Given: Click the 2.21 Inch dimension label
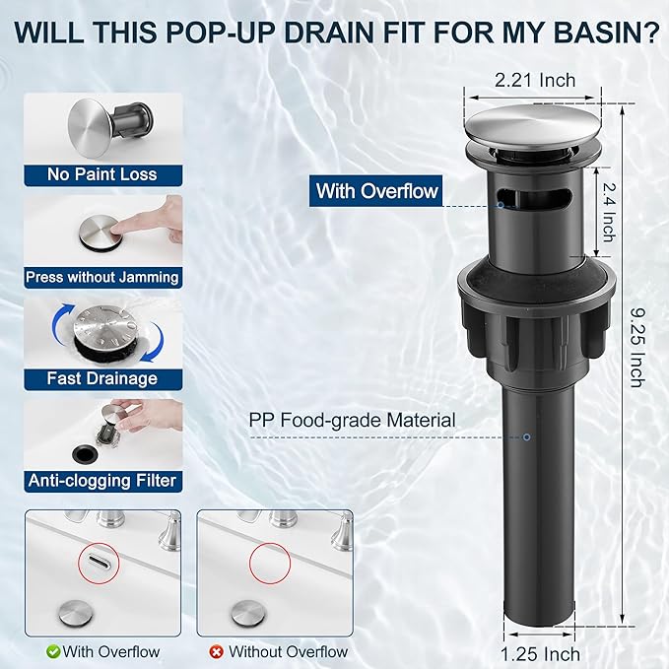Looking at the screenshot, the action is tap(535, 80).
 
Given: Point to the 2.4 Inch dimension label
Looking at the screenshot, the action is tap(609, 212).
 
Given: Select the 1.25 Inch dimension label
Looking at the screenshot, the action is tap(540, 654).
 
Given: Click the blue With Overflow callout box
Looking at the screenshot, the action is tap(376, 191).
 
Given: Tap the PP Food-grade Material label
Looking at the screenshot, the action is tap(352, 420).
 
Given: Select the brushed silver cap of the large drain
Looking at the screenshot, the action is tap(533, 127).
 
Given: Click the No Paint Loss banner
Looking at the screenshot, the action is tap(102, 175).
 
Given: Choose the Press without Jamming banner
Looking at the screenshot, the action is tap(102, 277).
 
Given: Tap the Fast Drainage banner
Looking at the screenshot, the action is tap(102, 379).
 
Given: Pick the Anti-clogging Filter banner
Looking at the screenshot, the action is tap(102, 481).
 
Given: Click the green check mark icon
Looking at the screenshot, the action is tap(53, 652).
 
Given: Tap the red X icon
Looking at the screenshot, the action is tap(217, 652).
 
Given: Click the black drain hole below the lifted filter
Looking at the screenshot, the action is tap(85, 453).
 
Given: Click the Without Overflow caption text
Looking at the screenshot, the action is tap(288, 652).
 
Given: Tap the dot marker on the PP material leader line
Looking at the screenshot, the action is tap(527, 437).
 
